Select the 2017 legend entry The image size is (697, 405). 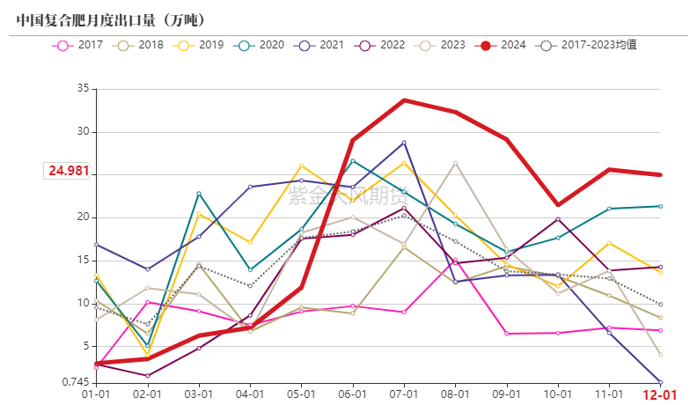tap(81, 45)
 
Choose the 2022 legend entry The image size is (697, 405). tap(382, 45)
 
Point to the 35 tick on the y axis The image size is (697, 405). tap(83, 89)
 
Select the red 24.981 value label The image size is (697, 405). tap(69, 171)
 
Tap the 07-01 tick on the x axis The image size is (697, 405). tap(404, 394)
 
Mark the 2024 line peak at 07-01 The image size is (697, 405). tap(404, 100)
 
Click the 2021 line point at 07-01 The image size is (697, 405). tap(404, 143)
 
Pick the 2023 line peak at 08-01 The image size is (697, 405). tap(455, 163)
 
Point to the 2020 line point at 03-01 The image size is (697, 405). tap(199, 194)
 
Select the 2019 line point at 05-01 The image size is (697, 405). tap(301, 166)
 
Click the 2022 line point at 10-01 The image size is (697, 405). tap(558, 219)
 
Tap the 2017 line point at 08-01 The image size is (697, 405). tap(455, 260)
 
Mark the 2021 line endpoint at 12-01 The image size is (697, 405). tap(660, 381)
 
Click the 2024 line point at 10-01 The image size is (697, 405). tap(558, 204)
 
